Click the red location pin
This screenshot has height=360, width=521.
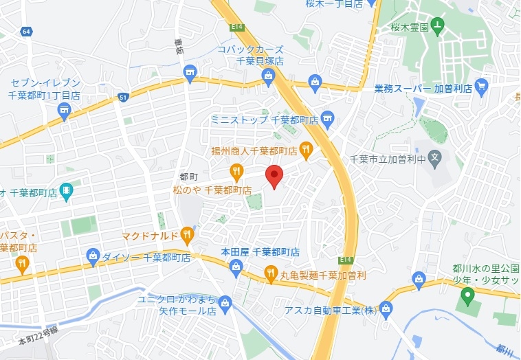pyautogui.click(x=274, y=176)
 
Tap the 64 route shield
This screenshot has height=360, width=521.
pyautogui.click(x=26, y=32)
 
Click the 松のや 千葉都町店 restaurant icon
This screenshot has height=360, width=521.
pyautogui.click(x=236, y=171)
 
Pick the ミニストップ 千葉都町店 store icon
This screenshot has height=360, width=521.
pyautogui.click(x=327, y=119)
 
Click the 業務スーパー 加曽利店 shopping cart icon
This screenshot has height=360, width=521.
pyautogui.click(x=480, y=87)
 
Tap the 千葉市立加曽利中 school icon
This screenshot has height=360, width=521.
pyautogui.click(x=434, y=159)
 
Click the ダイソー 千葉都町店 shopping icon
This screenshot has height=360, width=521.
pyautogui.click(x=93, y=257)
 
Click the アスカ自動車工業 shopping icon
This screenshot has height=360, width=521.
pyautogui.click(x=386, y=310)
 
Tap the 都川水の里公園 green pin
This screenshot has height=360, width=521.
pyautogui.click(x=468, y=297)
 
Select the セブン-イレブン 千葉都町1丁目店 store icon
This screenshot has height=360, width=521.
pyautogui.click(x=64, y=112)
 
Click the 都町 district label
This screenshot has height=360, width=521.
pyautogui.click(x=188, y=177)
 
